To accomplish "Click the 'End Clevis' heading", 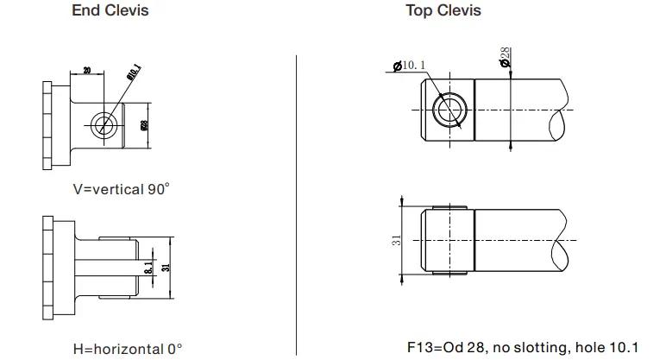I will (110, 11).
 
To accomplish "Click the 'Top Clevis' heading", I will (443, 11).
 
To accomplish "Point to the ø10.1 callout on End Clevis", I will (133, 73).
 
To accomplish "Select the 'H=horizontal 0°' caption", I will (128, 349).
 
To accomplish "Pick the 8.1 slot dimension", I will (148, 268).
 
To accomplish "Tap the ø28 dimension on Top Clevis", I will (506, 58).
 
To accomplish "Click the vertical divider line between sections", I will (297, 199).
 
